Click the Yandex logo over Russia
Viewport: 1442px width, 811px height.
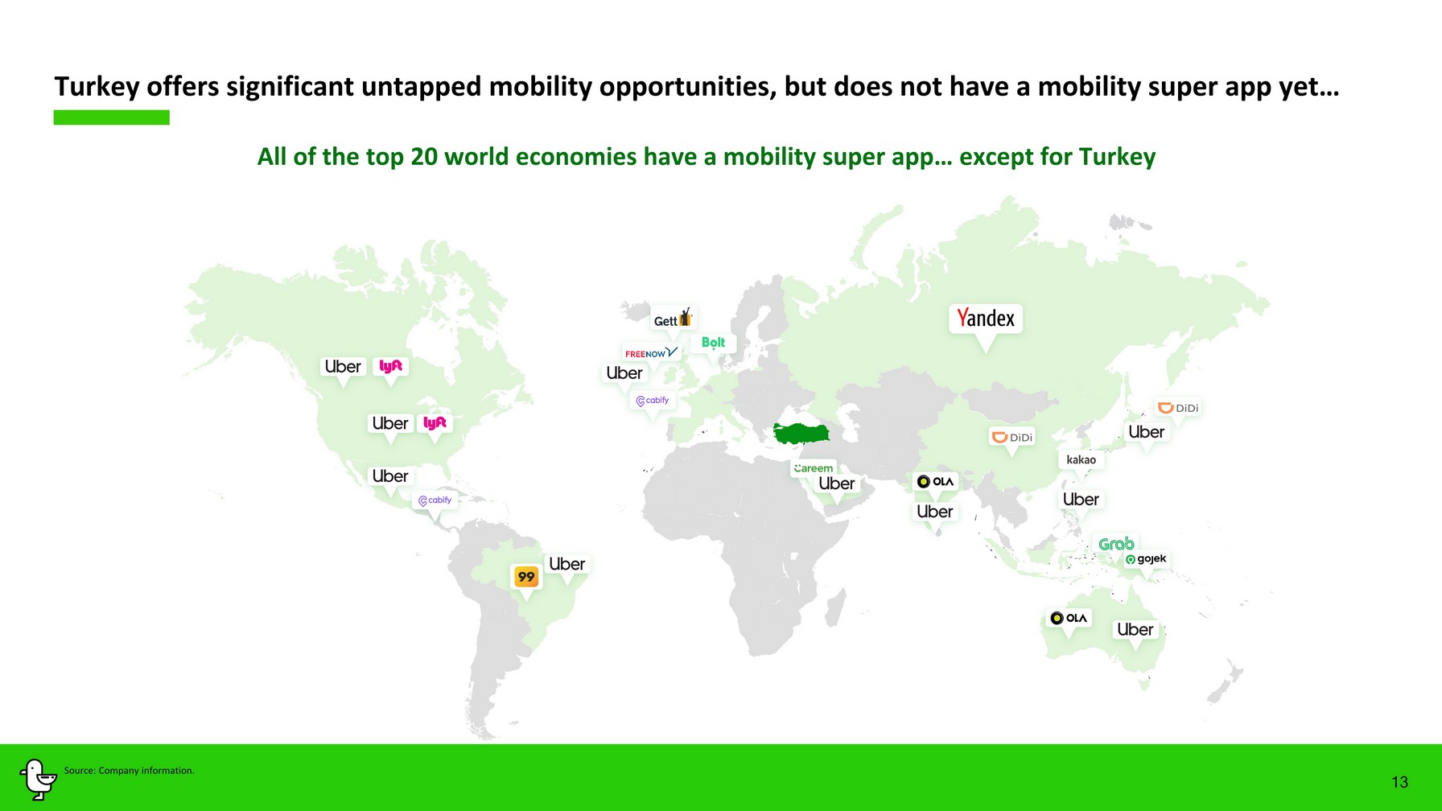pos(985,319)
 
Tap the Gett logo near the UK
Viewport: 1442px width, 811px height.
pos(673,319)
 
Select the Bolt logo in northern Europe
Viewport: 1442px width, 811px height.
pos(713,343)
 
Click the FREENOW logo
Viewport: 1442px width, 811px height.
pos(652,352)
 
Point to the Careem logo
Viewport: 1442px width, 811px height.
pos(814,468)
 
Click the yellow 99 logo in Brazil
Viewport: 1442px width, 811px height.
pos(526,576)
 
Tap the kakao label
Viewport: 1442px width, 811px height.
pos(1081,459)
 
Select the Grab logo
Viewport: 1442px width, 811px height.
pos(1116,544)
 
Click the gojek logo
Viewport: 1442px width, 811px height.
pos(1146,558)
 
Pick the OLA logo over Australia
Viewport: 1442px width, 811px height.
pos(1069,618)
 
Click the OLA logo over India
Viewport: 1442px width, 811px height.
pos(935,481)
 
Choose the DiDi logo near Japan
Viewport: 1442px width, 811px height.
pos(1178,408)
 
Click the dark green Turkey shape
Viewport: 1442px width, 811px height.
pos(801,434)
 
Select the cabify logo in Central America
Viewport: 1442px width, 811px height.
pos(435,500)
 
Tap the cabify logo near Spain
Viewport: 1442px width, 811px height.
pos(653,401)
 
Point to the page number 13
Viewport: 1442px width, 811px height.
pos(1400,782)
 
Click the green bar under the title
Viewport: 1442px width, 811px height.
pos(112,117)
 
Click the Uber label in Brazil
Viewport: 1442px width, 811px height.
pos(566,564)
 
